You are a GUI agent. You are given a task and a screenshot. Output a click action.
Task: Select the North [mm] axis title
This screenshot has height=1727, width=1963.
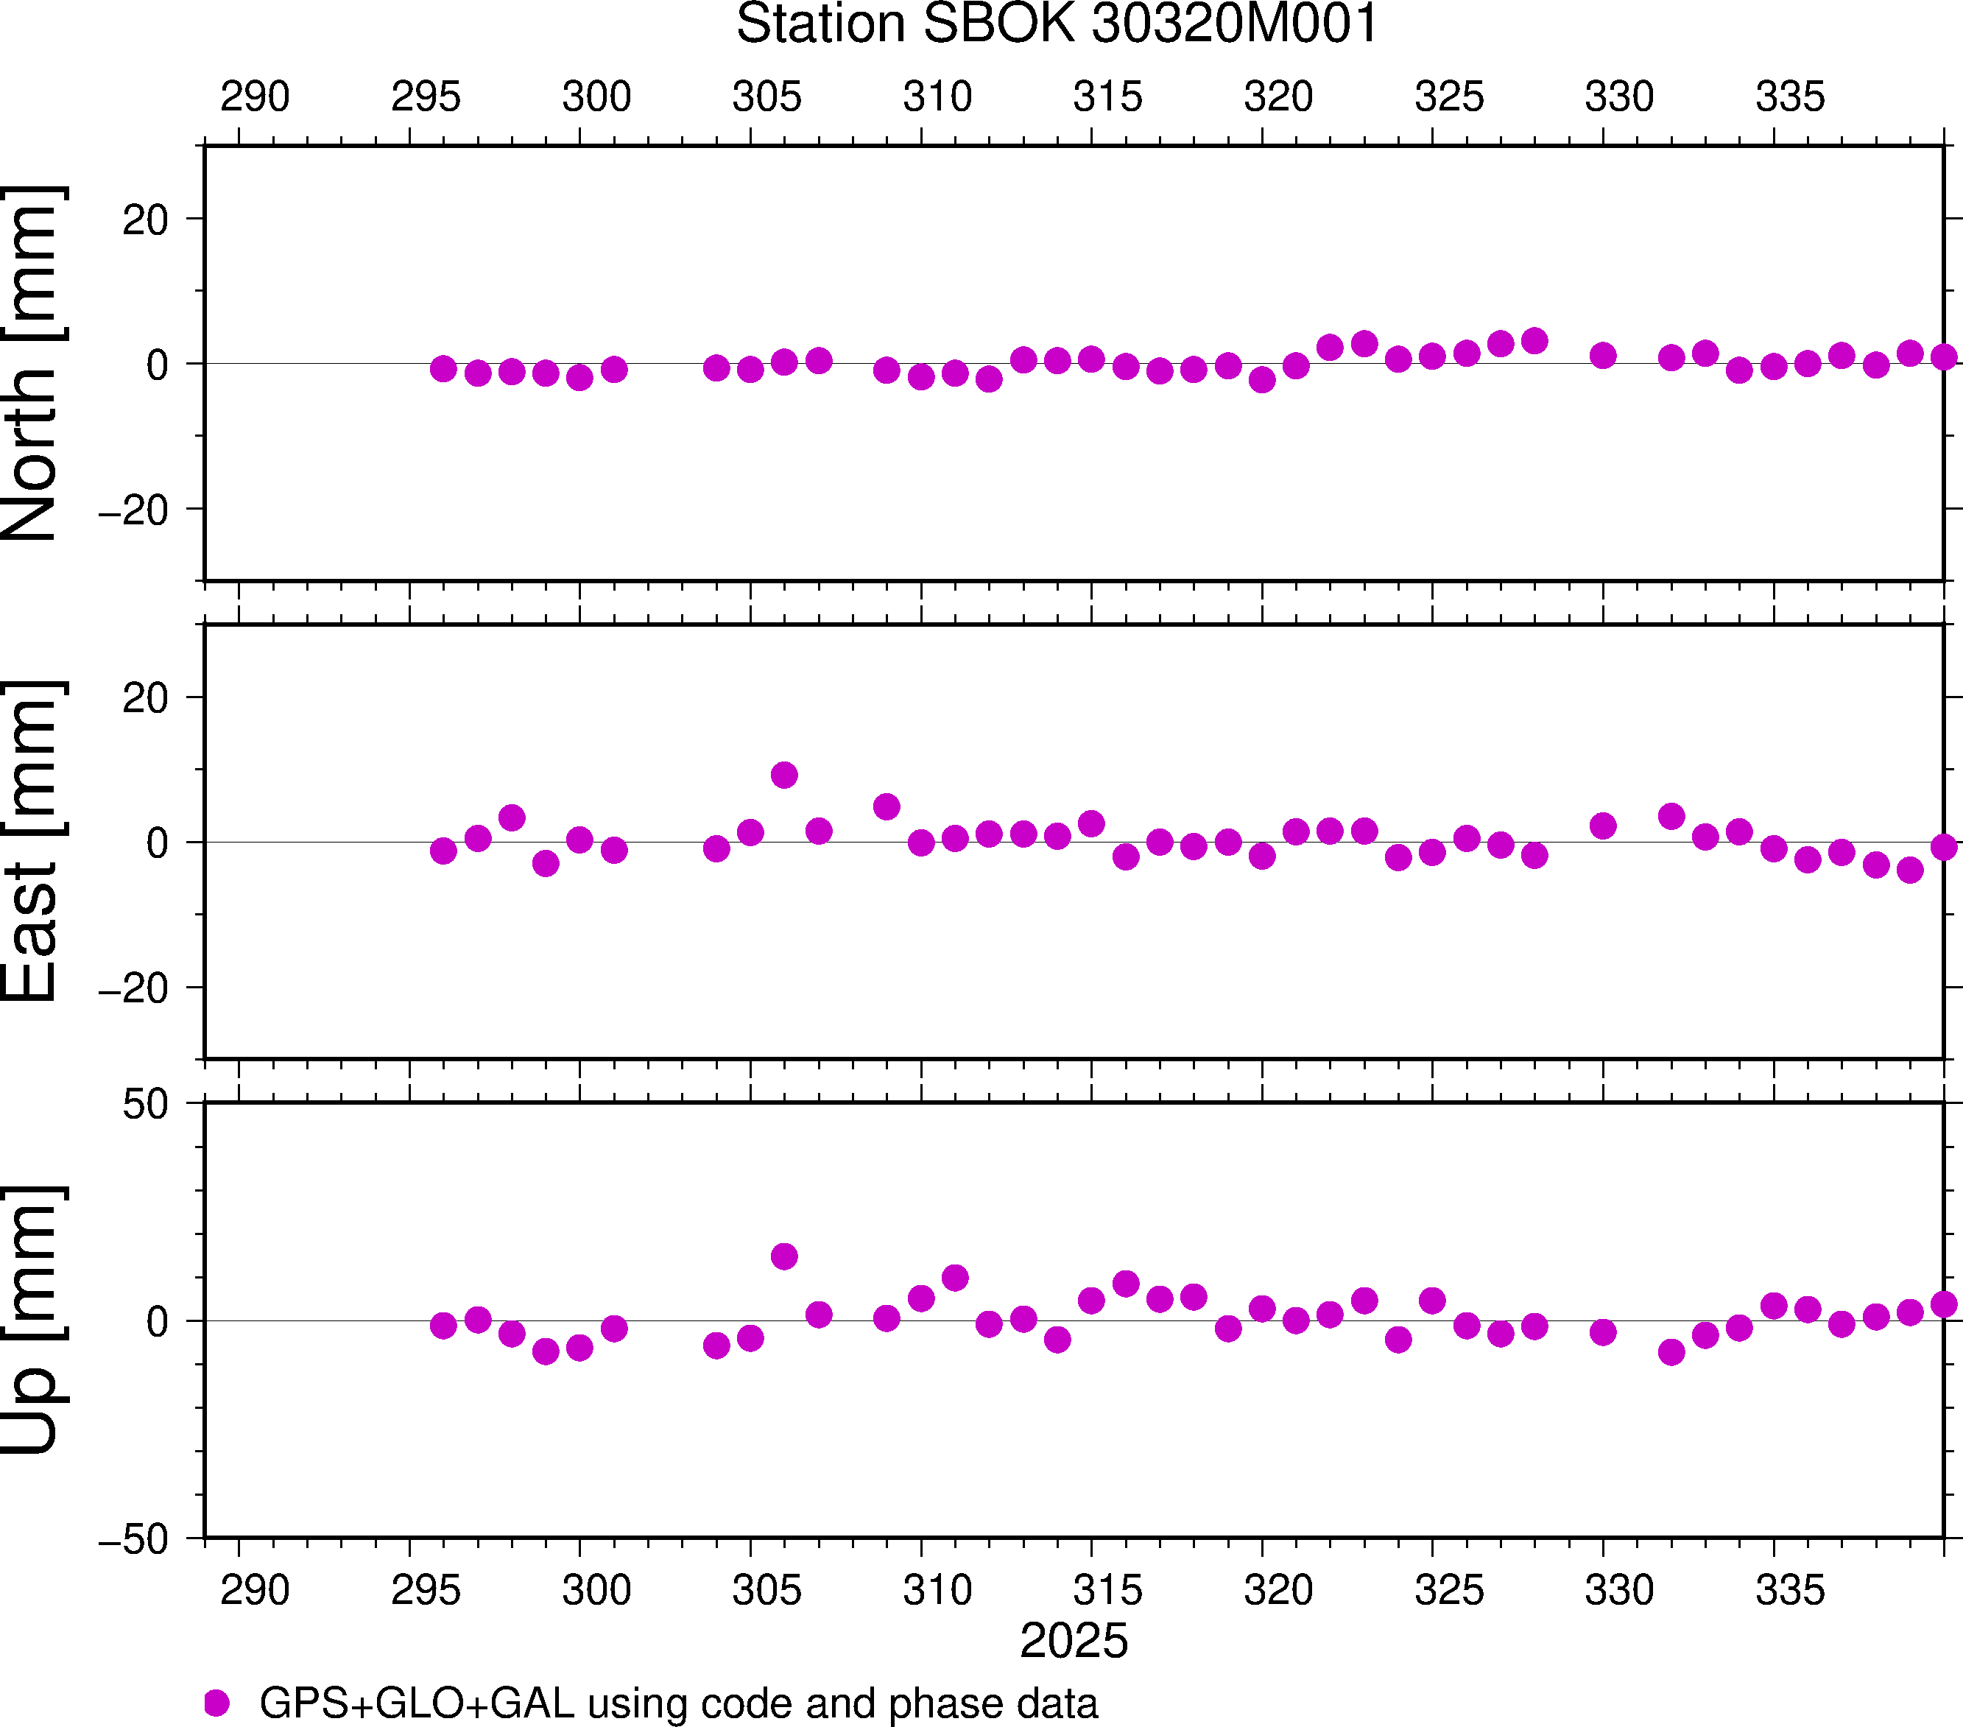click(x=32, y=363)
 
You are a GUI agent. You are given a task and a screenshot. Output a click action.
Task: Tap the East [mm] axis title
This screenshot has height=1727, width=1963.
click(x=32, y=842)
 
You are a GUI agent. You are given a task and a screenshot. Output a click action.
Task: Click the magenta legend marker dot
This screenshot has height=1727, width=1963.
click(x=217, y=1703)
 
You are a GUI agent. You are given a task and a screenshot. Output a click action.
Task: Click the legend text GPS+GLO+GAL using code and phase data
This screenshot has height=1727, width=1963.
click(x=678, y=1703)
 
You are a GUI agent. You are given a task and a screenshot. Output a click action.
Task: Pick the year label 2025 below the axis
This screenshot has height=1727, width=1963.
click(x=1074, y=1641)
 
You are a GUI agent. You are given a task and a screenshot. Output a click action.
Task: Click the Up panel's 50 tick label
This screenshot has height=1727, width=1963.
click(x=145, y=1105)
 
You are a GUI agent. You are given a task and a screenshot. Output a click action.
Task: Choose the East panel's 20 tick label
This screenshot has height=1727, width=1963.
click(x=145, y=698)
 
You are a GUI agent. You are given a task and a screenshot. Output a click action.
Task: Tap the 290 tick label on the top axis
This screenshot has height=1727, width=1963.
click(x=255, y=97)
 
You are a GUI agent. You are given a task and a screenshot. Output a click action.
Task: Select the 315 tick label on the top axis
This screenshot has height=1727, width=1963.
click(x=1108, y=97)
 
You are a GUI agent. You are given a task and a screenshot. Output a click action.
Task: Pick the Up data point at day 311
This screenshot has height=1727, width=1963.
click(x=954, y=1278)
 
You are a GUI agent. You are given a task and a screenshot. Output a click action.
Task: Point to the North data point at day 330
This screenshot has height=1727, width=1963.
click(x=1603, y=356)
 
